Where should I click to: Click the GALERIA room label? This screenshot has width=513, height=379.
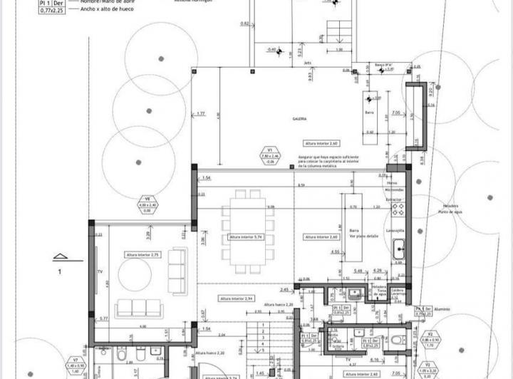(299, 118)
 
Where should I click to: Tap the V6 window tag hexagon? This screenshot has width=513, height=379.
(147, 205)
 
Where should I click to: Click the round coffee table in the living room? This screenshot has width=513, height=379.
(135, 274)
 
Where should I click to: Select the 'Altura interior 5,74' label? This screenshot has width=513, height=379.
(247, 237)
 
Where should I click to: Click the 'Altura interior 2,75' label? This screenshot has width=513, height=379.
(142, 254)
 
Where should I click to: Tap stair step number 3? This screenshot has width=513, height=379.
(263, 338)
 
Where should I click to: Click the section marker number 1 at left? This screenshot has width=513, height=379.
(61, 271)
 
